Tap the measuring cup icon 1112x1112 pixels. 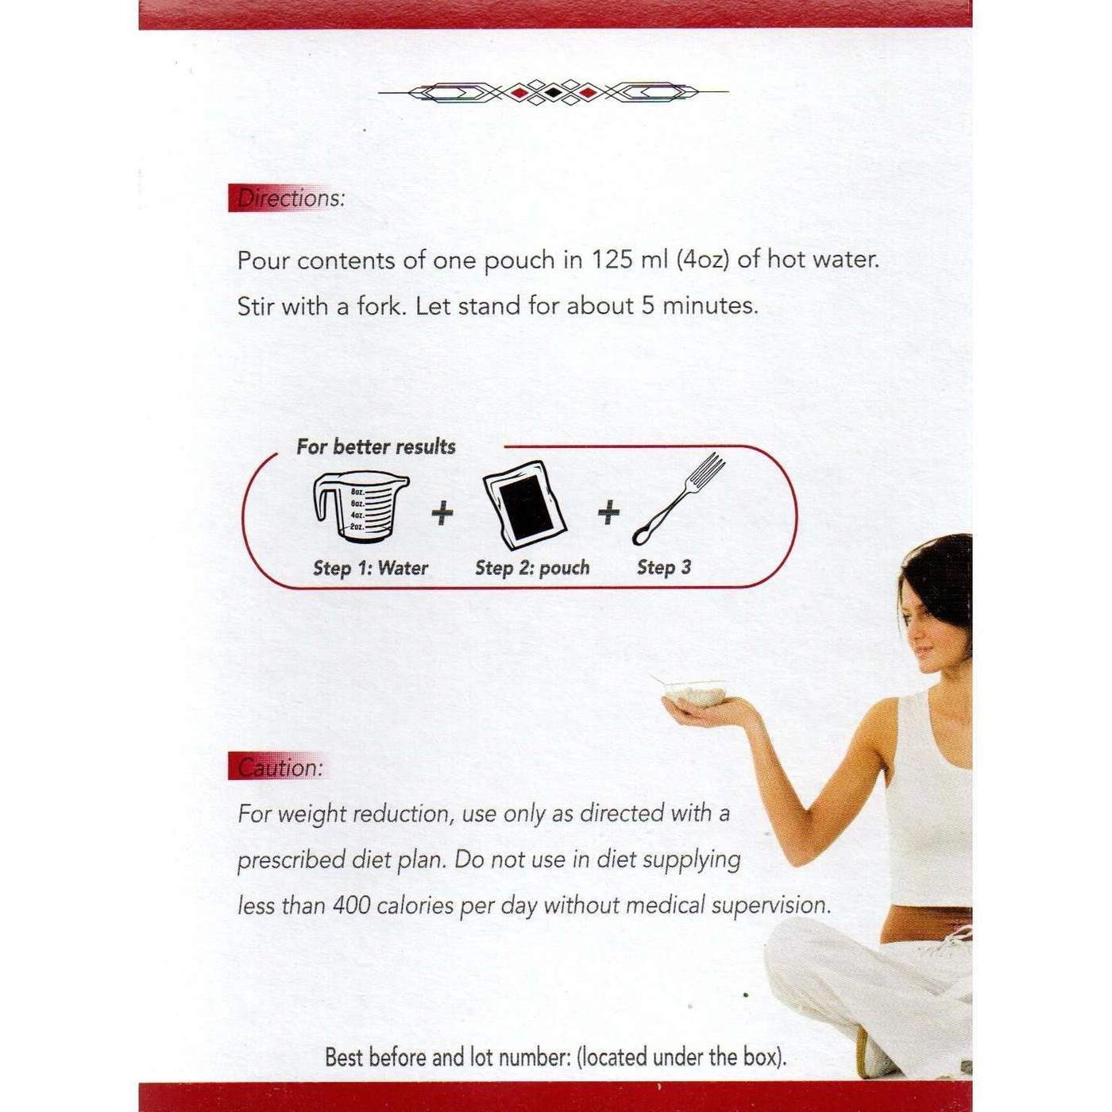click(x=360, y=508)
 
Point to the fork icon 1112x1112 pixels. click(x=680, y=498)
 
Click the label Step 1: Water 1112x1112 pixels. click(x=370, y=568)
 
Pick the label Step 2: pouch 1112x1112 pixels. click(x=532, y=568)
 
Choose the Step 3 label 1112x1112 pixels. click(x=664, y=567)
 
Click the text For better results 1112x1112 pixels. click(x=376, y=446)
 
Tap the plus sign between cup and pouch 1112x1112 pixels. click(x=442, y=512)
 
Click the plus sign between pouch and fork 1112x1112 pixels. click(x=608, y=512)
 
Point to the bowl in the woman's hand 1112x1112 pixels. click(x=696, y=693)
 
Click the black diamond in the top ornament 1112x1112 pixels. click(x=553, y=93)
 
